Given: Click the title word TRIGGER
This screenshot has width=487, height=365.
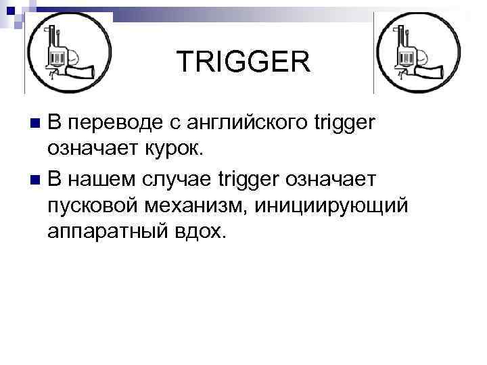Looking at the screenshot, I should coord(244,63).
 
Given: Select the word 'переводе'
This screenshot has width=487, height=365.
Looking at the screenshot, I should coord(114,124).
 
